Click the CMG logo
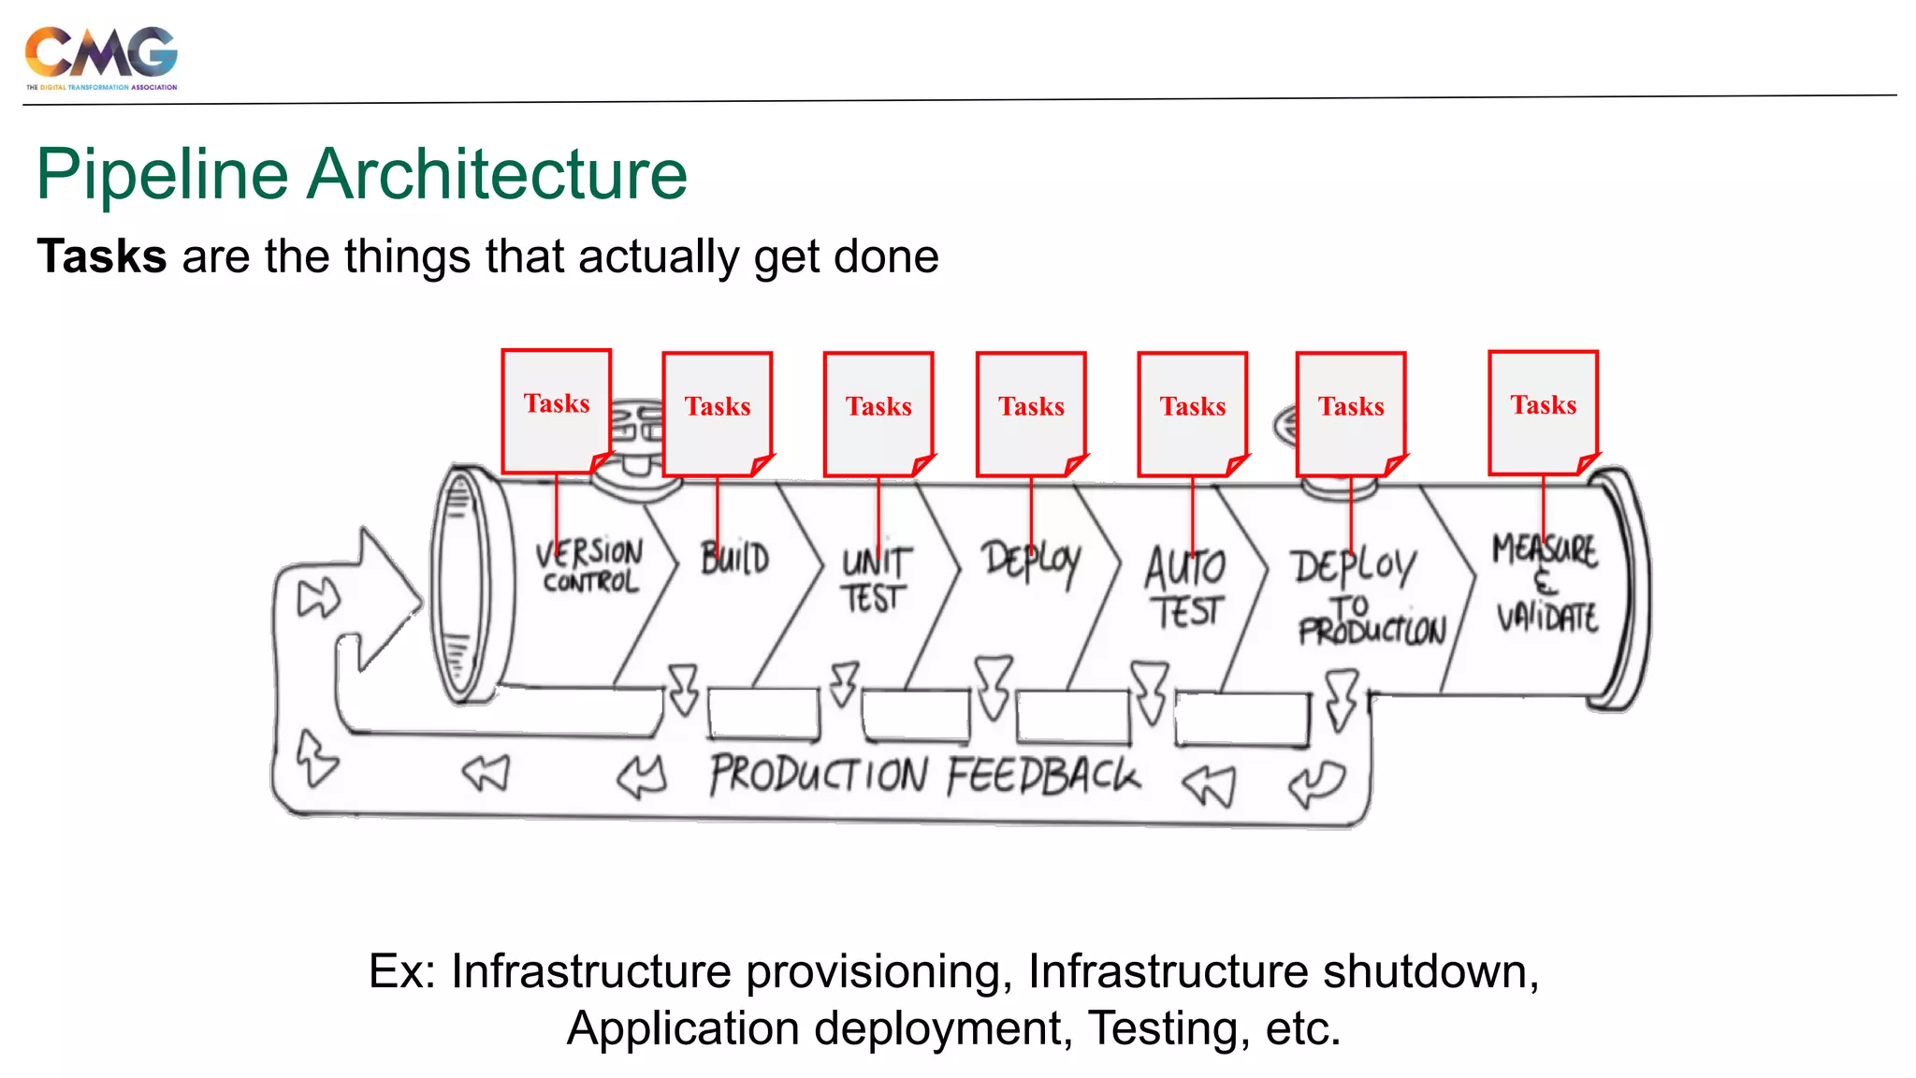(101, 56)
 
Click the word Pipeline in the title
(162, 175)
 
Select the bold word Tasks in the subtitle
(102, 256)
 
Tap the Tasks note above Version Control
(557, 409)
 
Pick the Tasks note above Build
(718, 412)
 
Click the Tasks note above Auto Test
(1192, 412)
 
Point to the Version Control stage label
(589, 565)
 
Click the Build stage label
(735, 559)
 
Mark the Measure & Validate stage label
(1546, 582)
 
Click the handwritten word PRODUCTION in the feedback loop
(819, 775)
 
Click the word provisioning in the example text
(879, 971)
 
